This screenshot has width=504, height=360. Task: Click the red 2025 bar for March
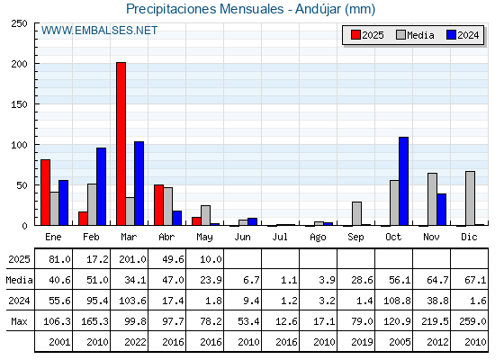121,144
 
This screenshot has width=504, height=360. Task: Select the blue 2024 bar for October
403,181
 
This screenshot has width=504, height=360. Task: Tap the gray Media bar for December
470,198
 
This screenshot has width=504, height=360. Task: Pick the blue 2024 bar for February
101,186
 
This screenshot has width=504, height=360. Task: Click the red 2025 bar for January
45,193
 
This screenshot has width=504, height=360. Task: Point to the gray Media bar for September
356,214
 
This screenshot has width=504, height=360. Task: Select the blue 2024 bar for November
441,210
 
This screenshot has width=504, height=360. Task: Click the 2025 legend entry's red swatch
355,35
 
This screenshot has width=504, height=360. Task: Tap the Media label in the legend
420,35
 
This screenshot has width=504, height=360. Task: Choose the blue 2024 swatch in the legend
451,35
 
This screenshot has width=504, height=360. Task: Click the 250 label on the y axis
19,23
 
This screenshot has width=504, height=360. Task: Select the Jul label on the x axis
280,237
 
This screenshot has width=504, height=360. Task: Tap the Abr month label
166,237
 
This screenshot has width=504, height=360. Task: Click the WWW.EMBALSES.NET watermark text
99,31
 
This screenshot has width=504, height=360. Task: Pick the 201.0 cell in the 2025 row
132,259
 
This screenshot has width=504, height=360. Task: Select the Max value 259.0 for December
472,321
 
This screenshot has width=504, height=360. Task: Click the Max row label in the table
19,321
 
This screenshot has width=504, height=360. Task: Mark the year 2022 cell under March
135,342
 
